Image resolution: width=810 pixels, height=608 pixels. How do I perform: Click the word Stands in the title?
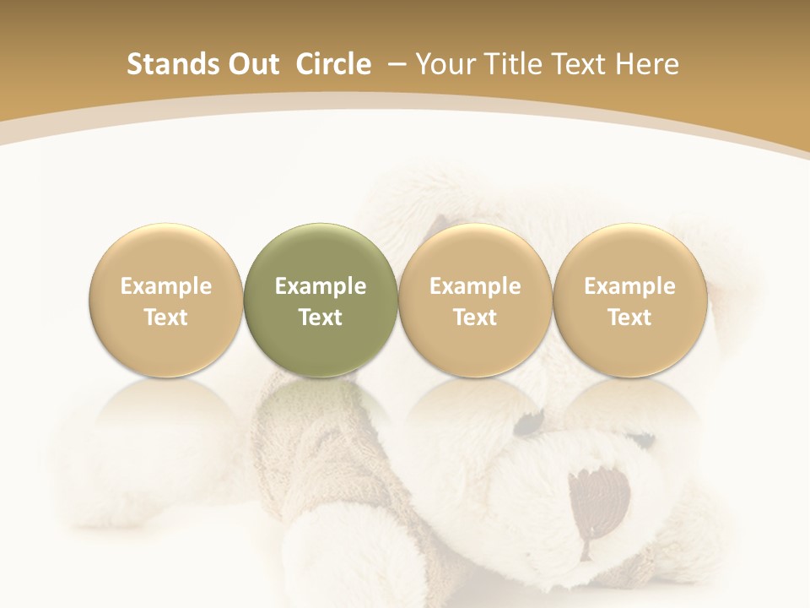pos(163,64)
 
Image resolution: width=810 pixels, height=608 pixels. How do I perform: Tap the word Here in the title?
pos(649,64)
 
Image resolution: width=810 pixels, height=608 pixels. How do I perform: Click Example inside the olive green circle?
pos(321,286)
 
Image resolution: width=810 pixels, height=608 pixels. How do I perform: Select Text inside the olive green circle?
pos(321,318)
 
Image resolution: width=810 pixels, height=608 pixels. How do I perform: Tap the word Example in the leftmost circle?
pos(166,286)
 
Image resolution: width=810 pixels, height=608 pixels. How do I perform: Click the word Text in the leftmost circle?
pos(166,318)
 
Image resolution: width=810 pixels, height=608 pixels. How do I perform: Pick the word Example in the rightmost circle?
pos(629,286)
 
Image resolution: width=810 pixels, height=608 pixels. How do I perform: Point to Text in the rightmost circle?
pos(629,318)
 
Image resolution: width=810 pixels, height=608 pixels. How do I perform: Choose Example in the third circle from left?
pos(475,286)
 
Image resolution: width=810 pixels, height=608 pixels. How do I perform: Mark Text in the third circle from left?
pos(475,318)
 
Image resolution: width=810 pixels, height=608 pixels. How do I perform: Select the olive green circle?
pos(321,253)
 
